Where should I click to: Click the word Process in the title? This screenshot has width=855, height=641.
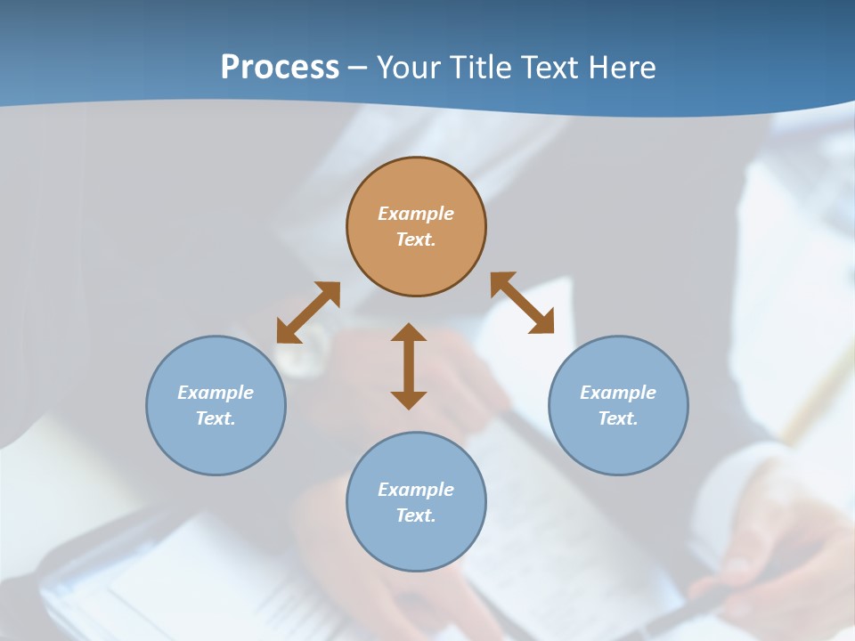click(280, 68)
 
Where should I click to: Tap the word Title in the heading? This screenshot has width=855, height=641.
click(483, 68)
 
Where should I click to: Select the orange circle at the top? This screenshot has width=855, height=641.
click(416, 258)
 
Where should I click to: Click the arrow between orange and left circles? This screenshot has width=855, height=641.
click(308, 312)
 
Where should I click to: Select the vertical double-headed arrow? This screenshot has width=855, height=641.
click(409, 366)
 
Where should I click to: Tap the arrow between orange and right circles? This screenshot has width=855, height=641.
click(522, 303)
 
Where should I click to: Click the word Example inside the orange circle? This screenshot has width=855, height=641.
click(416, 214)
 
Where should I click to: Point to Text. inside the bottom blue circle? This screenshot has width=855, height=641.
click(416, 515)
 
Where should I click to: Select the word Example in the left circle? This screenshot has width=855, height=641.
click(216, 393)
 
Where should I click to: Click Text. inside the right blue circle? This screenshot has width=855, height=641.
click(618, 418)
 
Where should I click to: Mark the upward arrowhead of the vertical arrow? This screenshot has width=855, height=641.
click(409, 332)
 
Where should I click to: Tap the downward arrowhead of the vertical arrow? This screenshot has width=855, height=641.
click(409, 400)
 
